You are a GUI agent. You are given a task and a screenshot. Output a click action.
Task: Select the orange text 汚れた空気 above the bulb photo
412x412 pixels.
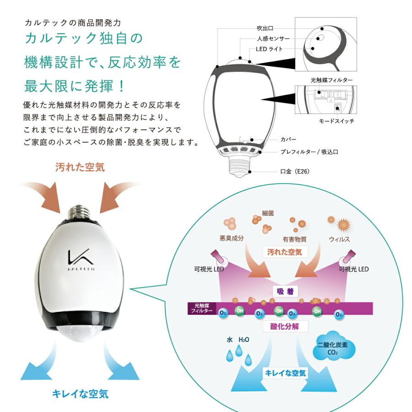point(80,168)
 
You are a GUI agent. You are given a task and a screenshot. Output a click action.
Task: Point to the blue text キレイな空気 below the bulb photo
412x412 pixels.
point(81,394)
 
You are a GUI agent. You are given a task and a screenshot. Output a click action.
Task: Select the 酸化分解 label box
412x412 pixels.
point(285,326)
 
